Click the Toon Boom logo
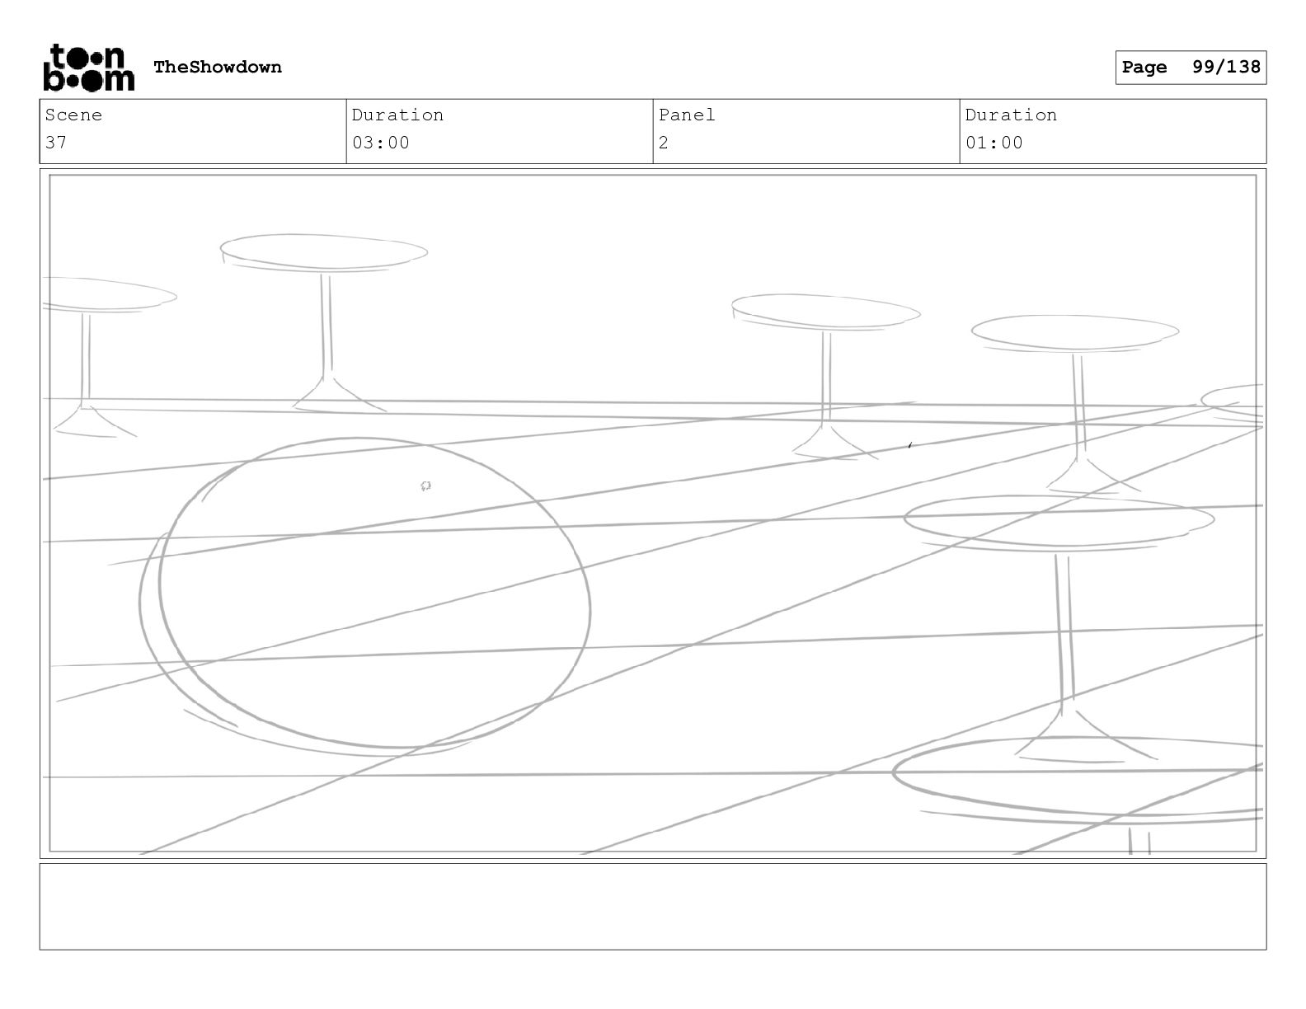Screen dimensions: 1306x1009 click(88, 68)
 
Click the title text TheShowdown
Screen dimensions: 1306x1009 click(218, 68)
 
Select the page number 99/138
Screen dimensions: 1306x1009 click(1226, 68)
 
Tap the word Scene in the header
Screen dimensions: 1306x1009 click(73, 115)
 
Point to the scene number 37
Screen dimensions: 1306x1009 click(56, 143)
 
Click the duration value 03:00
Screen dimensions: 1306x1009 click(380, 143)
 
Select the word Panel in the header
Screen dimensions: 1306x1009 click(686, 115)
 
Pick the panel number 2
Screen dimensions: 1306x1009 click(664, 143)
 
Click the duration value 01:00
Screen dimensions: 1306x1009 click(994, 143)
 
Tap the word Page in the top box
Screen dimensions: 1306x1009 click(1144, 68)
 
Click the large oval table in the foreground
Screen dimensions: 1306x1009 click(371, 594)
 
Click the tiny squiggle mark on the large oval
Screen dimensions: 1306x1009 click(425, 486)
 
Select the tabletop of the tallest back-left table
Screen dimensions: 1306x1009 click(323, 252)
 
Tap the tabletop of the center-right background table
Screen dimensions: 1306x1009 click(824, 312)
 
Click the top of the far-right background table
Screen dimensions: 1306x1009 click(1074, 332)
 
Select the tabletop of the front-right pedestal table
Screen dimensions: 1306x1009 click(1059, 520)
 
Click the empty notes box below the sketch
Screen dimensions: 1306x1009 click(652, 906)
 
